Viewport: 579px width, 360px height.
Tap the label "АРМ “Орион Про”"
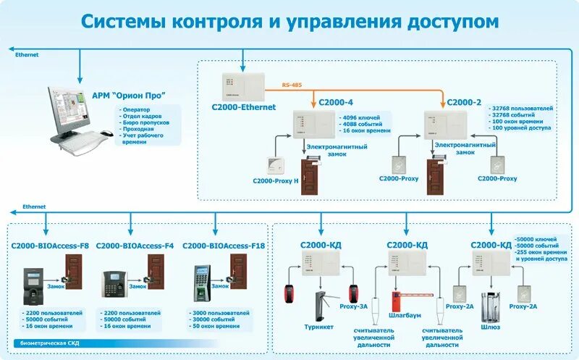[x=129, y=95]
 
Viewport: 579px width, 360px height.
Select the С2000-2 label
[x=464, y=103]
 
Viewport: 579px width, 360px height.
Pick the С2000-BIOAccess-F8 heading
[x=50, y=246]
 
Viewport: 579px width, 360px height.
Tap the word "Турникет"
[x=318, y=327]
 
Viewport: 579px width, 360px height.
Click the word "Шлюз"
[x=490, y=327]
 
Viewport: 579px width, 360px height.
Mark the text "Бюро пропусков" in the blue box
[x=143, y=122]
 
